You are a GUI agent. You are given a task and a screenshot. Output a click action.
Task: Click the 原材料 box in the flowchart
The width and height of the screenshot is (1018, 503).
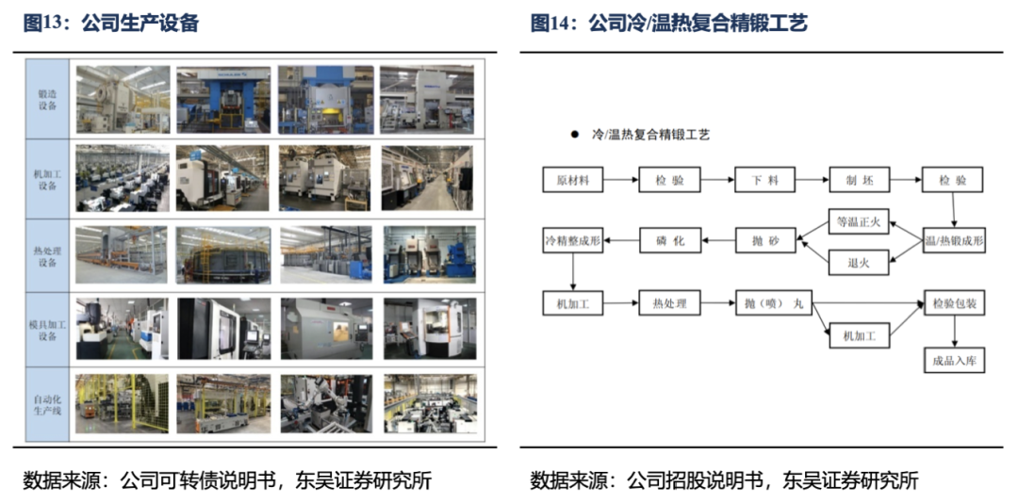coord(573,180)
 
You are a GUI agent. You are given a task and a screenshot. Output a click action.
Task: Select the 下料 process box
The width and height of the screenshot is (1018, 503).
coord(763,180)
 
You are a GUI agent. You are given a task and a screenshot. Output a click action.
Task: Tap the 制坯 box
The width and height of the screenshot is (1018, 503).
coord(859,180)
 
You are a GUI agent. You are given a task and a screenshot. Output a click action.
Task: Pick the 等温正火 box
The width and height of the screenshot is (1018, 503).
coord(859,223)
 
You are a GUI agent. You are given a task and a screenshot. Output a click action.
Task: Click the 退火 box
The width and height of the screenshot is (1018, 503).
coord(859,263)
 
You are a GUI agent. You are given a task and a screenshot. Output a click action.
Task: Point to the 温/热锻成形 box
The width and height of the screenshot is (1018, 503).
coord(954,241)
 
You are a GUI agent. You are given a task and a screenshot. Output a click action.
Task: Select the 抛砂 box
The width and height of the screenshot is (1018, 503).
coord(763,241)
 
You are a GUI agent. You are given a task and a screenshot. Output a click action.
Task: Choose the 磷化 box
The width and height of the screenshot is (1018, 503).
coord(668,241)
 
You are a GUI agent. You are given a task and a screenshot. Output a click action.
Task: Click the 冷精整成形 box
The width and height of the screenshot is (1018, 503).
coord(573,241)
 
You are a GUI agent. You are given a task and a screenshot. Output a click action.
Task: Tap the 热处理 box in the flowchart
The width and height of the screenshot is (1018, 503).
coord(668,303)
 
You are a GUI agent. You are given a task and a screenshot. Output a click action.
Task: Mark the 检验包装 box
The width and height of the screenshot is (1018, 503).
coord(954,303)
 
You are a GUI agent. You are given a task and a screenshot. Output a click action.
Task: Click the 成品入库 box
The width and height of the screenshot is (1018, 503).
coord(954,360)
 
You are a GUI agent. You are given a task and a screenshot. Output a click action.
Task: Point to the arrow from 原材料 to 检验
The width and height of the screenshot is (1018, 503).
coord(620,180)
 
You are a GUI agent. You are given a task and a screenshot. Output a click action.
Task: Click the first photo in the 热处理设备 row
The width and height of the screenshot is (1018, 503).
coord(123,253)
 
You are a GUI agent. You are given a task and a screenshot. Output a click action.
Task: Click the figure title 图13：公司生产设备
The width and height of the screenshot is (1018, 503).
coord(111,24)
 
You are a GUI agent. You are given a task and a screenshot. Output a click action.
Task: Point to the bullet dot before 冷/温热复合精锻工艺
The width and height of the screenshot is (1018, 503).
coord(573,135)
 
